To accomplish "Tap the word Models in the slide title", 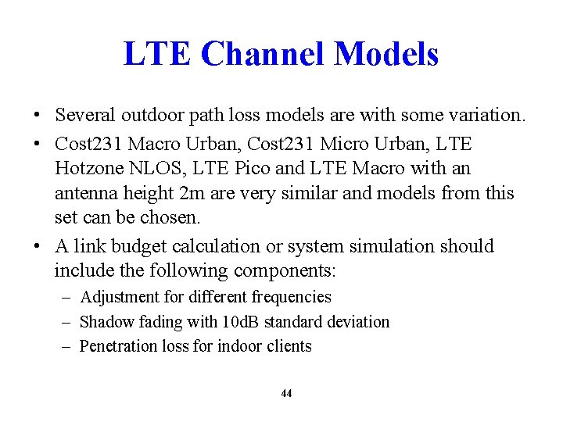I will tap(385, 54).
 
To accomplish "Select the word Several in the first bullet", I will tap(85, 116).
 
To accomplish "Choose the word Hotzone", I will tap(87, 168).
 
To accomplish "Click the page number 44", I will tap(286, 394).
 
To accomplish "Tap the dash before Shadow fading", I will tap(67, 322).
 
